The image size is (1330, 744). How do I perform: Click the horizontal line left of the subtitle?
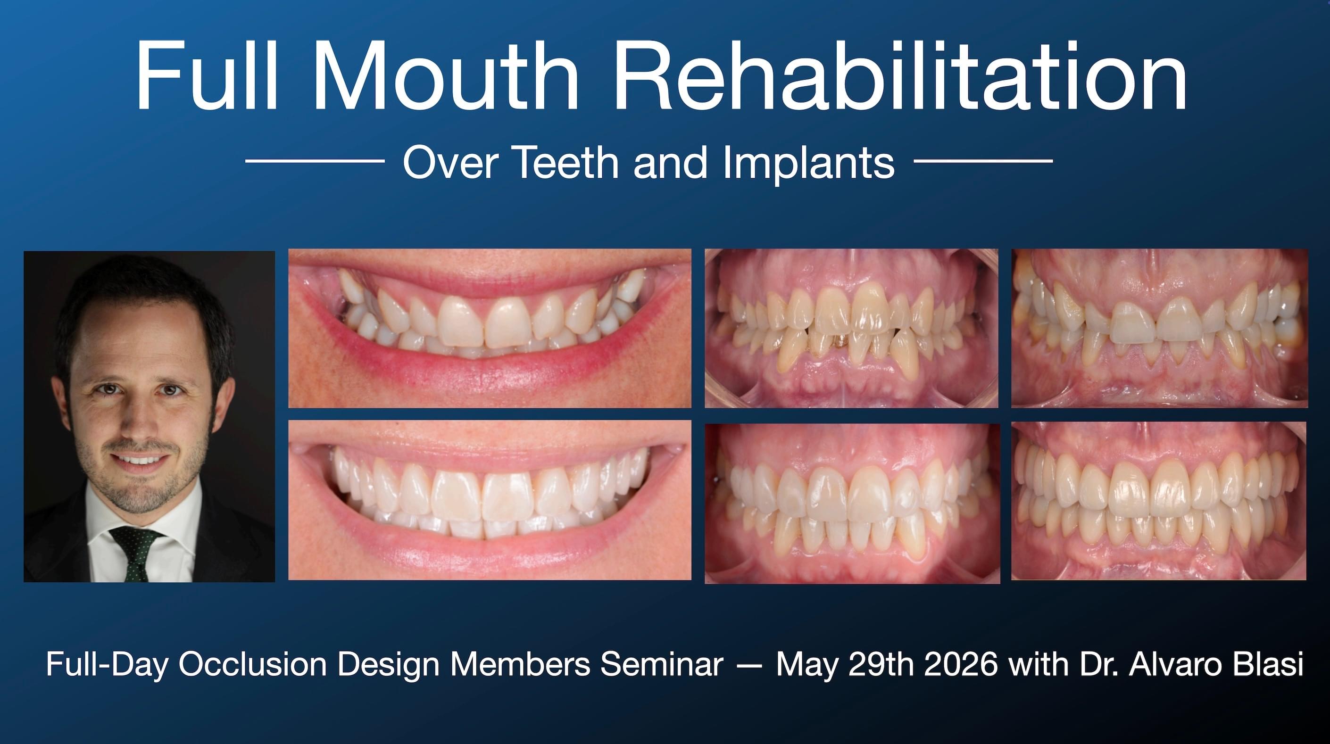pyautogui.click(x=315, y=161)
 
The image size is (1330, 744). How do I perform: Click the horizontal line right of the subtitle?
pyautogui.click(x=983, y=161)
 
